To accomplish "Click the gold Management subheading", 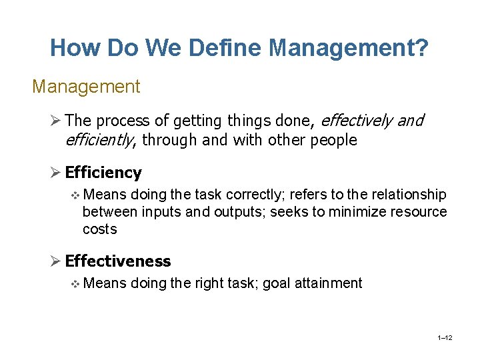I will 86,87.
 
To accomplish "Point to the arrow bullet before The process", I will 56,121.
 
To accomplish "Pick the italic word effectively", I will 357,121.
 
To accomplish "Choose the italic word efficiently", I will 99,140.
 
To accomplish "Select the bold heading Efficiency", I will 103,173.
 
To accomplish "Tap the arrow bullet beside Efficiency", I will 56,173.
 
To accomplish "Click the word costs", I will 99,229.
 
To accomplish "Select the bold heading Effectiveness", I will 118,261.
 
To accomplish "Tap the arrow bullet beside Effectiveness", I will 56,261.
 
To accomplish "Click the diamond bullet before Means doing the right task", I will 75,283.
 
